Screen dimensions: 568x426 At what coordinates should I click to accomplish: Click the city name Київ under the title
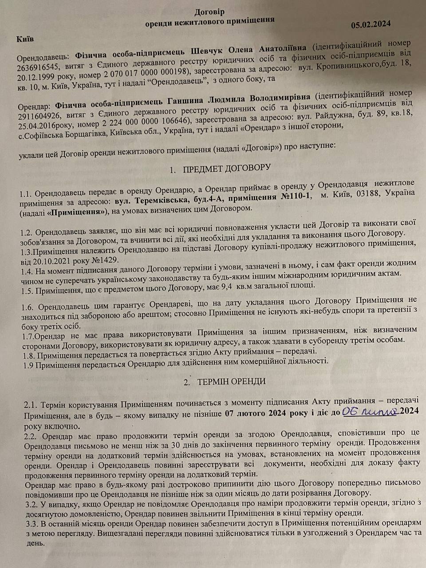tap(25, 39)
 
